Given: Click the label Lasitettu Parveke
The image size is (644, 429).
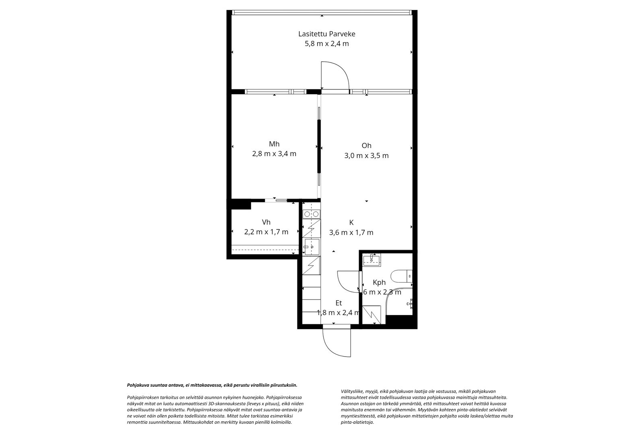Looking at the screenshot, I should (x=326, y=34).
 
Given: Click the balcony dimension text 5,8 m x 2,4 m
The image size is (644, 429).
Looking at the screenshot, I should (x=326, y=44).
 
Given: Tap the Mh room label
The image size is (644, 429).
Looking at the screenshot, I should (x=274, y=144).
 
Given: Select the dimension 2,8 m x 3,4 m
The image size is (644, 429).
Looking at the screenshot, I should (x=274, y=154).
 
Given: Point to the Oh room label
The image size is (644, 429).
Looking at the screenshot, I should (x=366, y=146).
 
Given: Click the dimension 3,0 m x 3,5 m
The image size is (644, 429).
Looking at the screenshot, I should (x=366, y=156).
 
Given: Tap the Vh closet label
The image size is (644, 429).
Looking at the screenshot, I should (x=266, y=222).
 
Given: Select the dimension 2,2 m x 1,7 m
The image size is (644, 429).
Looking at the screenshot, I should (x=266, y=232).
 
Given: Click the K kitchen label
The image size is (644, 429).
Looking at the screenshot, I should (x=351, y=222).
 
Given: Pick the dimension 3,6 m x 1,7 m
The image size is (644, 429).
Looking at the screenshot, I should (x=351, y=233).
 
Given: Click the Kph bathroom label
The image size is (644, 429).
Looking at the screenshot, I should (x=379, y=283).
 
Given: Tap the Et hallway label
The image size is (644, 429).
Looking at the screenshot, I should (x=339, y=303).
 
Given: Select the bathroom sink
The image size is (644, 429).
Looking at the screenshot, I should (x=371, y=260).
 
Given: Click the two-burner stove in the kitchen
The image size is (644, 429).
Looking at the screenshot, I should (x=312, y=214).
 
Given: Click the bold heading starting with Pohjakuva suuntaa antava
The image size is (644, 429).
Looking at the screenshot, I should (x=212, y=385).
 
